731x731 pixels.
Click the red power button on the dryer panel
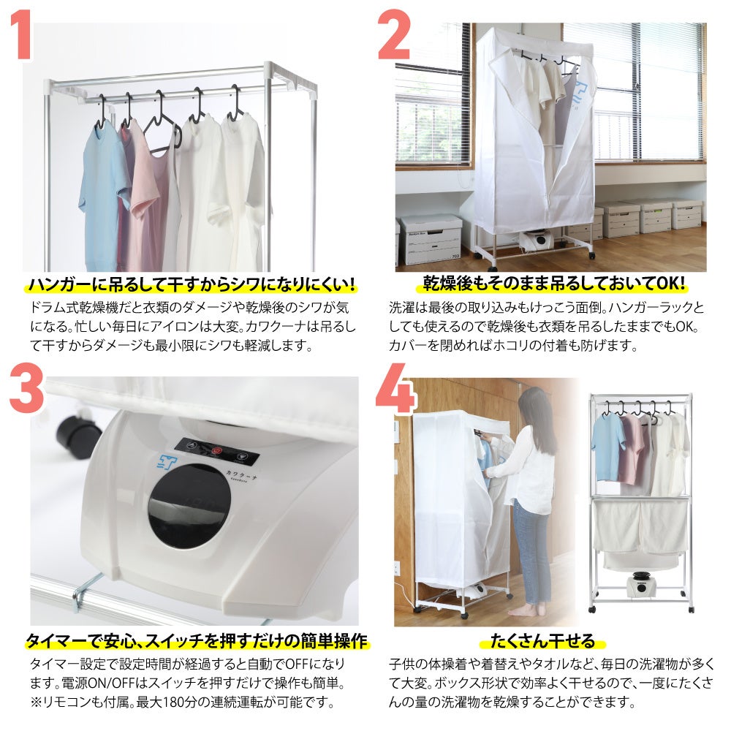(x=216, y=450)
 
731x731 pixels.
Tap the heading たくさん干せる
(x=542, y=641)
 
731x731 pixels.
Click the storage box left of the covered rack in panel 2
(x=429, y=239)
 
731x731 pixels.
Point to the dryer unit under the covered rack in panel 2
(x=537, y=240)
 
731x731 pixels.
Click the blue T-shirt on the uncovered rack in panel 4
(x=608, y=447)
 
